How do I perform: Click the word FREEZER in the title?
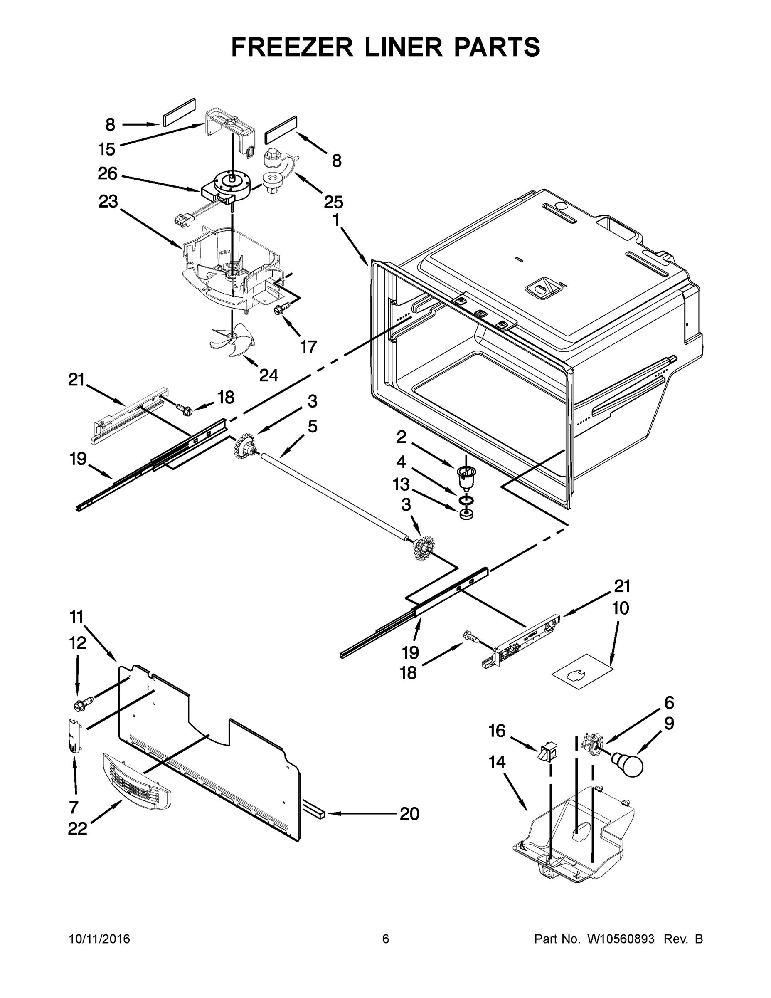[x=292, y=47]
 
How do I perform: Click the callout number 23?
[x=108, y=202]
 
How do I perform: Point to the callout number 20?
[x=409, y=813]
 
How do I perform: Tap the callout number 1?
[x=336, y=220]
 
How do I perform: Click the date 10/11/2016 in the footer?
[x=100, y=939]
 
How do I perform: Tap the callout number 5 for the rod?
[x=313, y=426]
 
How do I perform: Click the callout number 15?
[x=106, y=149]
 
